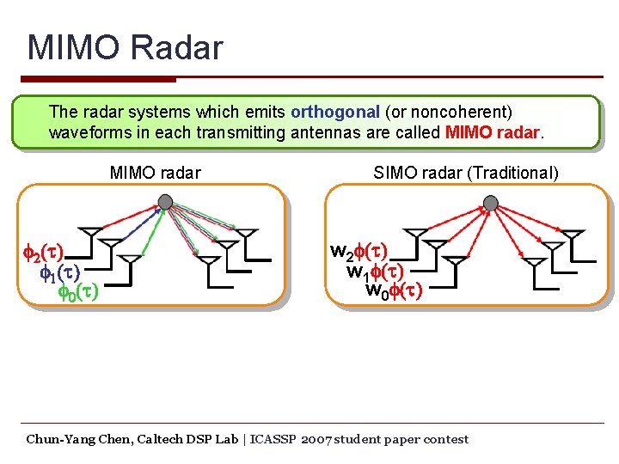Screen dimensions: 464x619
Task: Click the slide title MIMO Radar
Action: [x=125, y=47]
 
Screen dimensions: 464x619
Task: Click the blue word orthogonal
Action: [x=335, y=112]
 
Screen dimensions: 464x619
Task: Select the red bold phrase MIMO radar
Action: [x=493, y=133]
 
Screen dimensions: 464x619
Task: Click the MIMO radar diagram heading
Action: [x=156, y=173]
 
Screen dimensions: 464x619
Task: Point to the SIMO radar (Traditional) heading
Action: [x=465, y=173]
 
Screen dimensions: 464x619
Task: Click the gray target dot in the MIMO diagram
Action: [x=165, y=201]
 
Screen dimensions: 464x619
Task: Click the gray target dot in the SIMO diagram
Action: [x=491, y=203]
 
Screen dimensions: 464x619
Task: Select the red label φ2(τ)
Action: [x=43, y=254]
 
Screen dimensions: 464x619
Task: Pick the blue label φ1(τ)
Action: [x=60, y=273]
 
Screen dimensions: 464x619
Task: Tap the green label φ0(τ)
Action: [x=77, y=292]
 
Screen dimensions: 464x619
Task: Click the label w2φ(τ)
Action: [x=359, y=253]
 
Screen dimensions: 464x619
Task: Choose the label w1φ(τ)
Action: [x=375, y=272]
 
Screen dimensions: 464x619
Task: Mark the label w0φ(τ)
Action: [x=394, y=290]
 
